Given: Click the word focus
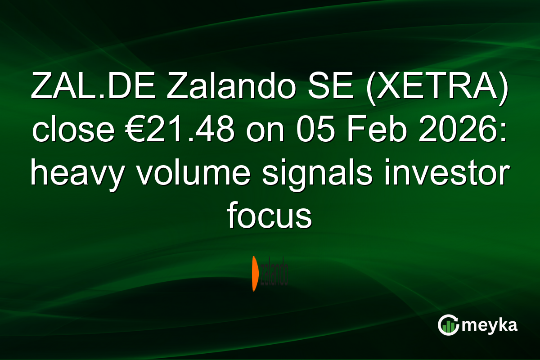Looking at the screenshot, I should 270,216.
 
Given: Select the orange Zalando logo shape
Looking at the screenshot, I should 255,273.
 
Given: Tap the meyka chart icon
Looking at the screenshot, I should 448,325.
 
